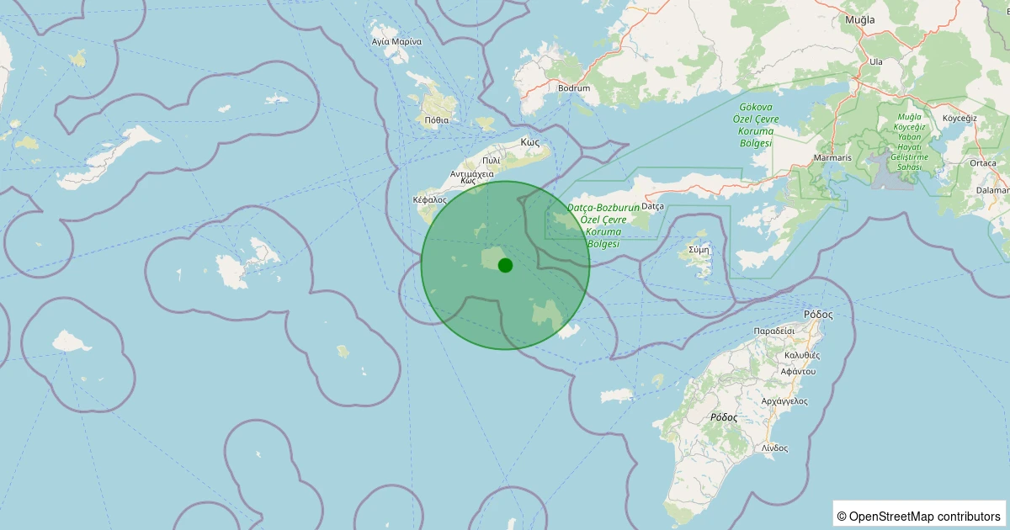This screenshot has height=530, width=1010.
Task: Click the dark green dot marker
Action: point(505,265)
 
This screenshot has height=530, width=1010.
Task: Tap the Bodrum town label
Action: point(574,87)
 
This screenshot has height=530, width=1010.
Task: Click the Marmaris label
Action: point(834,158)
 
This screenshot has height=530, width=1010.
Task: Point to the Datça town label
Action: point(653,206)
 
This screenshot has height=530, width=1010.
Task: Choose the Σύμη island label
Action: point(699,249)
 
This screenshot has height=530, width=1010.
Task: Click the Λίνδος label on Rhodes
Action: point(774,448)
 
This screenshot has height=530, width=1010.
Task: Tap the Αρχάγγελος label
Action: point(784,400)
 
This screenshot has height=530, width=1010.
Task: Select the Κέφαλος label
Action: point(430,199)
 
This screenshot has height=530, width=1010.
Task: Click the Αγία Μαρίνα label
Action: point(396,40)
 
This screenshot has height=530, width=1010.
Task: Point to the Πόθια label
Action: point(437,119)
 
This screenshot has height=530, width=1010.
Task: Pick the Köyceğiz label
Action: point(959,118)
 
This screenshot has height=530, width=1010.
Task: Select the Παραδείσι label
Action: point(774,331)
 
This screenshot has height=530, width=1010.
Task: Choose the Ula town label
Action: point(876,61)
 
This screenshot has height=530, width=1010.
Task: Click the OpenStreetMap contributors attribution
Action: point(921,516)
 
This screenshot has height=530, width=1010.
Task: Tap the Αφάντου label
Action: point(798,371)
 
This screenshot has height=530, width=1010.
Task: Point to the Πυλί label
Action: point(491,160)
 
